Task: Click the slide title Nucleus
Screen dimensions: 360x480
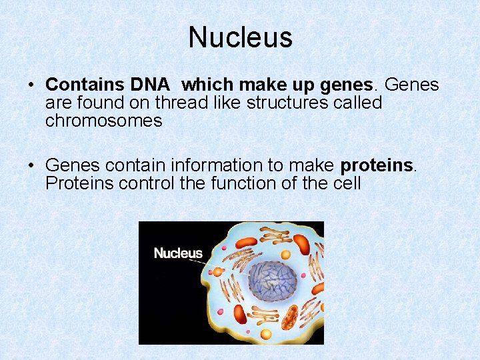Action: coord(240,37)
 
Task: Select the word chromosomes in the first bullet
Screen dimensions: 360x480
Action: coord(103,121)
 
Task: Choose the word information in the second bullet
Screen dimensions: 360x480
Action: coord(207,165)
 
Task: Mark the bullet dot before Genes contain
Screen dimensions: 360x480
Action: coord(31,165)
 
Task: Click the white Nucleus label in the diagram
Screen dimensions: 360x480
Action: coord(178,253)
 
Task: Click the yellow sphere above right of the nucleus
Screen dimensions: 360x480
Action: coord(286,254)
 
